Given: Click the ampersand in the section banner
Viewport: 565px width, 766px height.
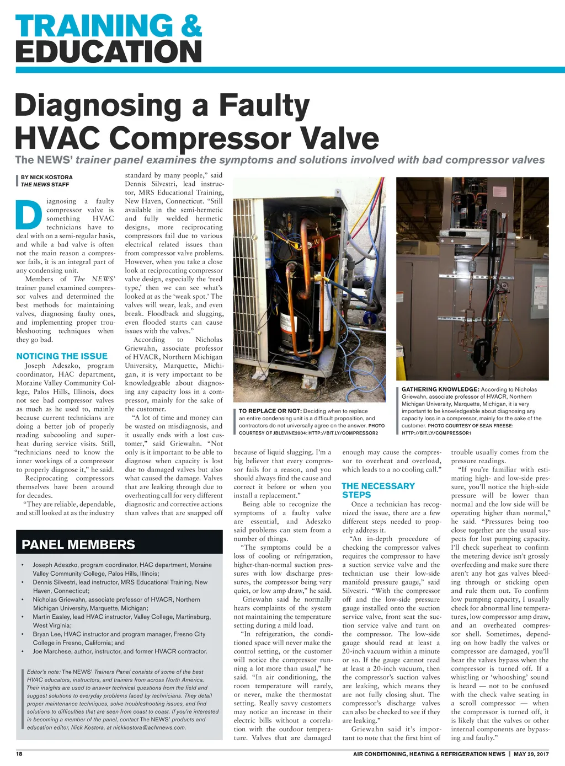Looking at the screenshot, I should coord(190,26).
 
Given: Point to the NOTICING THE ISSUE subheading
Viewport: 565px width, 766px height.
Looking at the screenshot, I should coord(62,356).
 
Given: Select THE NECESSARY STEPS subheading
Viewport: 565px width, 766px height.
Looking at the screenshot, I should coord(378,490).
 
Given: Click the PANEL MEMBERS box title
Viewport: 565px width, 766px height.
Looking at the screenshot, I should coord(78,545).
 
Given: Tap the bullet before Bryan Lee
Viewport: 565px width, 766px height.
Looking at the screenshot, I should coord(22,634).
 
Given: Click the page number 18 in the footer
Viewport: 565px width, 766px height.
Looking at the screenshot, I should coord(19,754).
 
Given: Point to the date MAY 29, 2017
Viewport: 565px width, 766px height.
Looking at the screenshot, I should coord(531,754).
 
